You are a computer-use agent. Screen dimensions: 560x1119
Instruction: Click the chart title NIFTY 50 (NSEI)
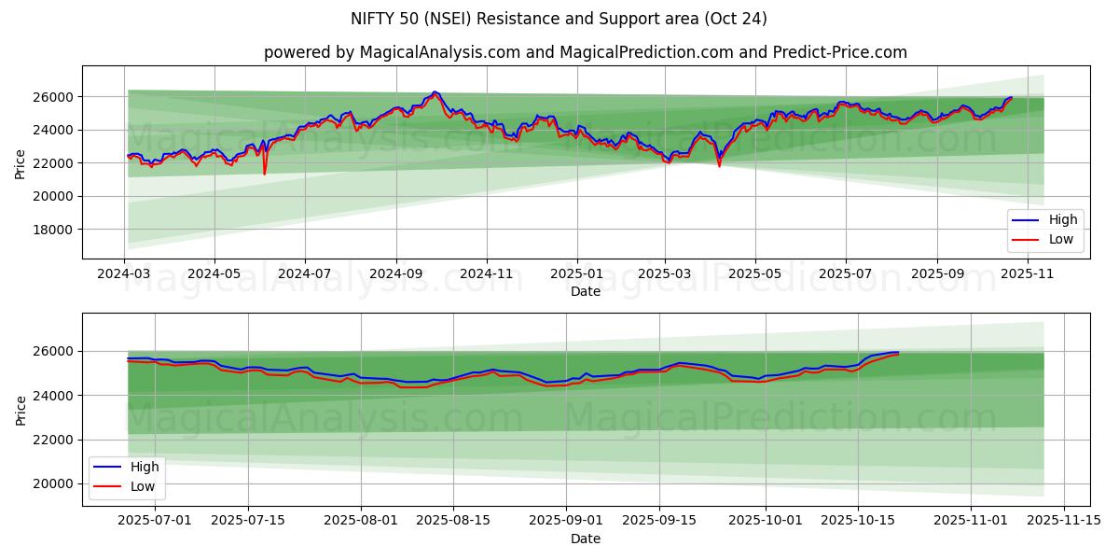tap(559, 19)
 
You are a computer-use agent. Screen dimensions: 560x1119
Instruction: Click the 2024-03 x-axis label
tap(124, 274)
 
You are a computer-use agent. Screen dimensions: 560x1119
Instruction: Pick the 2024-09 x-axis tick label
tap(395, 274)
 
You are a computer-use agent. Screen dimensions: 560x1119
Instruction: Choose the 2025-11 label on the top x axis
tap(1026, 274)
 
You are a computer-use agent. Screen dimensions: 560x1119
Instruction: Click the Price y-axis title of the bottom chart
tap(21, 409)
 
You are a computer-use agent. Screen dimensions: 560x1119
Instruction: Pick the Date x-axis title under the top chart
tap(586, 291)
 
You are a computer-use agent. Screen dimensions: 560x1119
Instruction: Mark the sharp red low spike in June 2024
tap(264, 174)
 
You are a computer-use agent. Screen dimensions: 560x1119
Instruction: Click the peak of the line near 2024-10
tap(435, 92)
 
